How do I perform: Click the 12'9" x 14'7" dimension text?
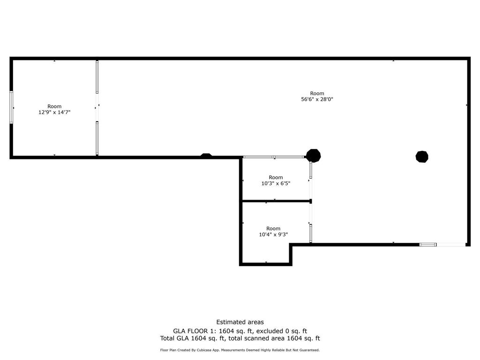pos(54,112)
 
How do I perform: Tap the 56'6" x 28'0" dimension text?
pos(317,99)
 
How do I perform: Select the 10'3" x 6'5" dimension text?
pos(276,183)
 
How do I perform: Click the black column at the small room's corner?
pos(313,156)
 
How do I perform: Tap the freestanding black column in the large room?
pos(422,157)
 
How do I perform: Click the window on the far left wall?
pos(11,107)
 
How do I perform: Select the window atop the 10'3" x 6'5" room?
pos(274,157)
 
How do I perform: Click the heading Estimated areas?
pos(240,322)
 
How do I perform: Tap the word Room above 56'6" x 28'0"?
pos(317,93)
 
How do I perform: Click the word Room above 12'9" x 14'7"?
pos(54,106)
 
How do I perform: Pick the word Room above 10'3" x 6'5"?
pos(276,177)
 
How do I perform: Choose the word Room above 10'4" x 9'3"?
pos(273,229)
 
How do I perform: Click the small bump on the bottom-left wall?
pos(206,155)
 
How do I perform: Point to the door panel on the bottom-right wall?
pos(427,244)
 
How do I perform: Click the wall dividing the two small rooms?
pos(277,201)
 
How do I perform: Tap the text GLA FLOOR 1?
pos(192,330)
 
